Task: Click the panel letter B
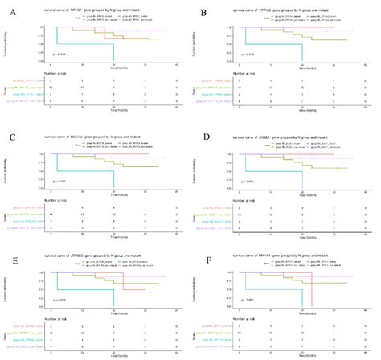point(204,13)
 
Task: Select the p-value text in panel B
point(252,55)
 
